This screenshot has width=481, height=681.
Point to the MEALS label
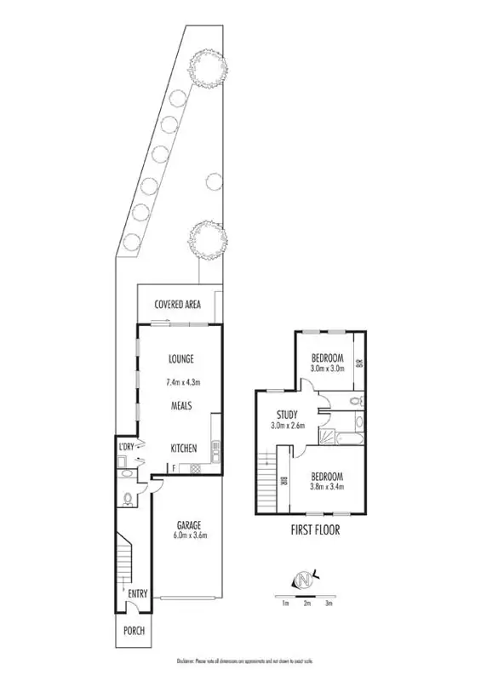tap(183, 406)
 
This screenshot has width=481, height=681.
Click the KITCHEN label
tap(184, 448)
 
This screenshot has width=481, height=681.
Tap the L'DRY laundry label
tap(127, 447)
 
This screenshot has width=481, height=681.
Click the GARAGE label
tap(187, 524)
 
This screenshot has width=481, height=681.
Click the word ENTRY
tap(136, 593)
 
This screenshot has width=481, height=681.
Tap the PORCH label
tap(135, 631)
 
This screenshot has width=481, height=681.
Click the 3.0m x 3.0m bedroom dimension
tap(326, 369)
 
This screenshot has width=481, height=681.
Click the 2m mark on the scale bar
tap(306, 604)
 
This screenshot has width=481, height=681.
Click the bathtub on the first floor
tap(349, 440)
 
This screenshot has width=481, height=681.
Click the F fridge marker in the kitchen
tap(174, 467)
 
